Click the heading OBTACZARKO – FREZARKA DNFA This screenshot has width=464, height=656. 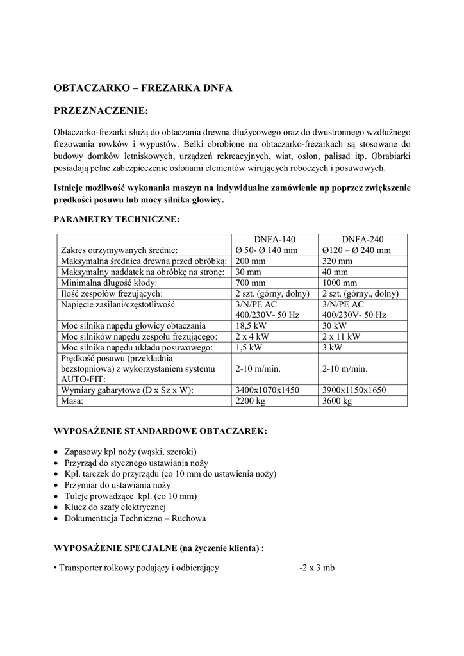(x=143, y=86)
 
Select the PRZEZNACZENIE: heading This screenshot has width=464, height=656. (x=101, y=111)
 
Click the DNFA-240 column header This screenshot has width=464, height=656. (x=362, y=239)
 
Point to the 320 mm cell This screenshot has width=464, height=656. (x=337, y=261)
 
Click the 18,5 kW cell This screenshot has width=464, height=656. (x=251, y=325)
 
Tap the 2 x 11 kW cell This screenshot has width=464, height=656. (x=341, y=336)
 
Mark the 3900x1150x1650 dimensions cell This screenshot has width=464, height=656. (x=354, y=390)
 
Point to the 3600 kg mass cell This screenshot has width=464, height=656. (x=337, y=401)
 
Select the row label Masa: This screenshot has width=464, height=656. (x=73, y=401)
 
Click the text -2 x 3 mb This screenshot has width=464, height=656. (x=317, y=568)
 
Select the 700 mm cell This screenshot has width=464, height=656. (x=250, y=283)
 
